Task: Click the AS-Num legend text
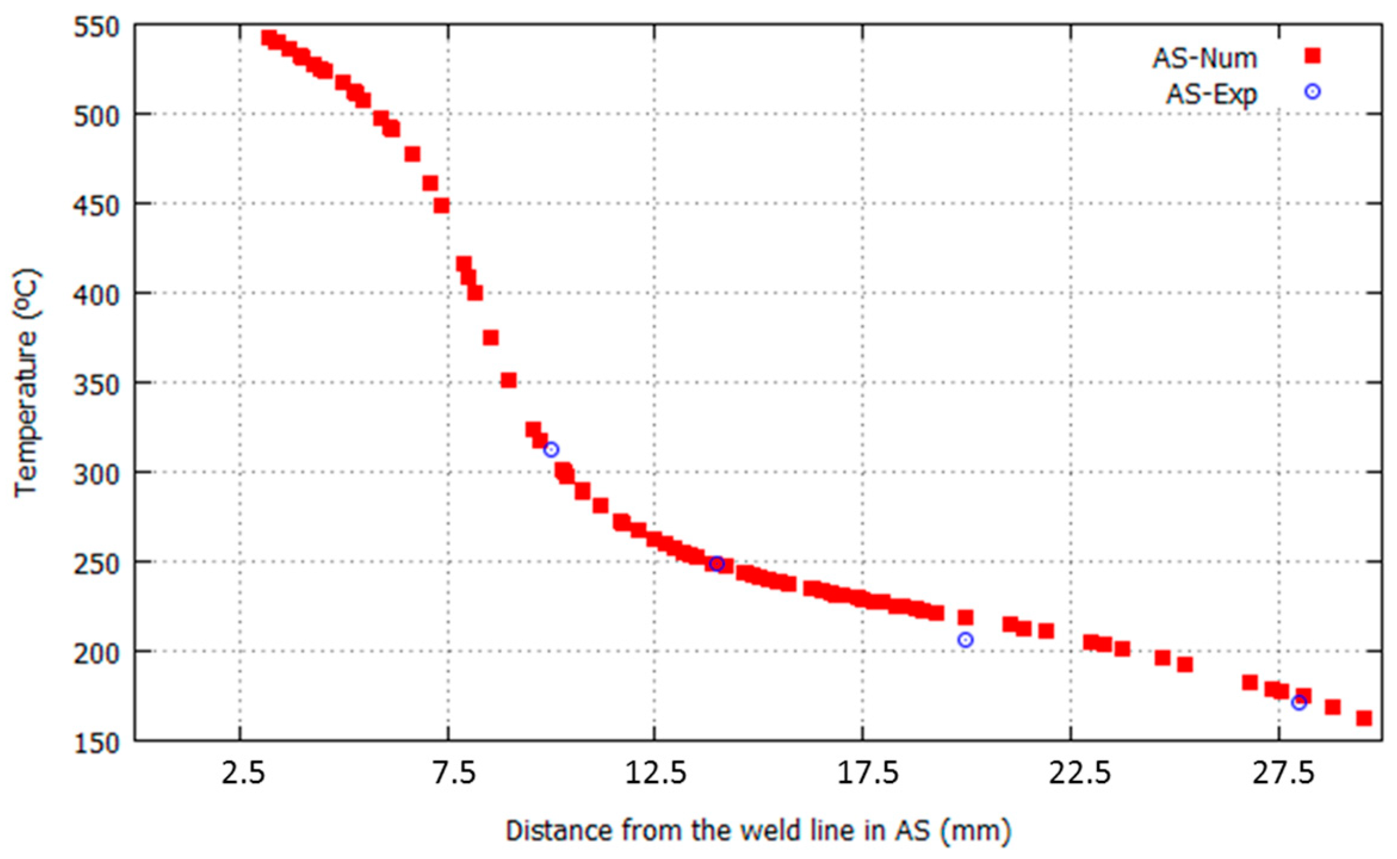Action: pos(1204,58)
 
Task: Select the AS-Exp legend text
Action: pos(1211,94)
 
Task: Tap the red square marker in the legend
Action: pos(1312,56)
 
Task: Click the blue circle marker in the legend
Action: pos(1312,92)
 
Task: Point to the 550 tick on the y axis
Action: pos(97,27)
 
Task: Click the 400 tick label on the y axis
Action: pos(97,295)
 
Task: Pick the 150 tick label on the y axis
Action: pos(97,743)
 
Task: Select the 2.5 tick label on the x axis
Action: pos(243,774)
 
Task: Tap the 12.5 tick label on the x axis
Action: pos(656,774)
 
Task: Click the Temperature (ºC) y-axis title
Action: pos(27,382)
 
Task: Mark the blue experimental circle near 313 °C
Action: pos(551,450)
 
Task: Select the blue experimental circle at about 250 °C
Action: pos(717,564)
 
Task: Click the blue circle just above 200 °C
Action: pos(965,640)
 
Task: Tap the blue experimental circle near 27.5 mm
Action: pos(1299,703)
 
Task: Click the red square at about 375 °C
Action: pos(491,338)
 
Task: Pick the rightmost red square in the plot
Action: pos(1364,718)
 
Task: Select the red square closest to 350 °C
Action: pos(509,380)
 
